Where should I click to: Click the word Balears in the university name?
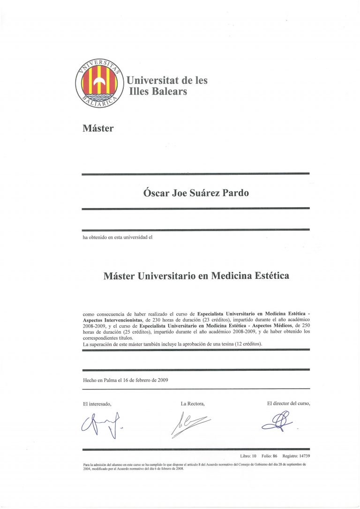(x=169, y=91)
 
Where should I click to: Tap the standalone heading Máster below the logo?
(x=98, y=128)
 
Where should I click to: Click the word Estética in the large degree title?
(x=265, y=276)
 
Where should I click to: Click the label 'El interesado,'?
(x=97, y=404)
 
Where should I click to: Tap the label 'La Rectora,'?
(x=193, y=404)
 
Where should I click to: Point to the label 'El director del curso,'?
(x=288, y=403)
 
